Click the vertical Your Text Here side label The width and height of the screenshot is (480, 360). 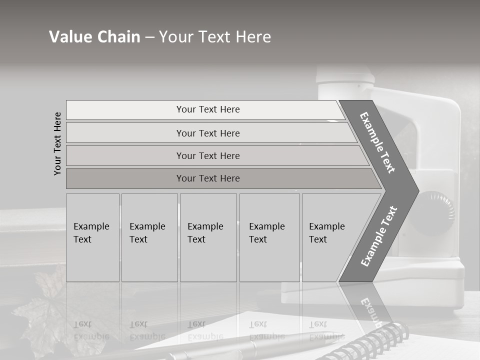[x=58, y=143]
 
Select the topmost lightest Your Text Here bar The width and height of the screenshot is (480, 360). [x=207, y=109]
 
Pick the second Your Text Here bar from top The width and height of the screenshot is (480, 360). [x=207, y=133]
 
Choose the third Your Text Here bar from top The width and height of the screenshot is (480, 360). [x=207, y=155]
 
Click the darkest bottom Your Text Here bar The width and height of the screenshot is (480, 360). [x=207, y=178]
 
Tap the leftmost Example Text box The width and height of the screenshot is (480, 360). [x=92, y=237]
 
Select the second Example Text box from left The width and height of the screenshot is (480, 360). [x=149, y=237]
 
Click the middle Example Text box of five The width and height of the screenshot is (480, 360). [x=208, y=237]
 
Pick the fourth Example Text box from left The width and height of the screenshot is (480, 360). [x=269, y=237]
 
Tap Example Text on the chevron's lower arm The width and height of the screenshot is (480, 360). [x=379, y=236]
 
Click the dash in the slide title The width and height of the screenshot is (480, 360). [x=149, y=37]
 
